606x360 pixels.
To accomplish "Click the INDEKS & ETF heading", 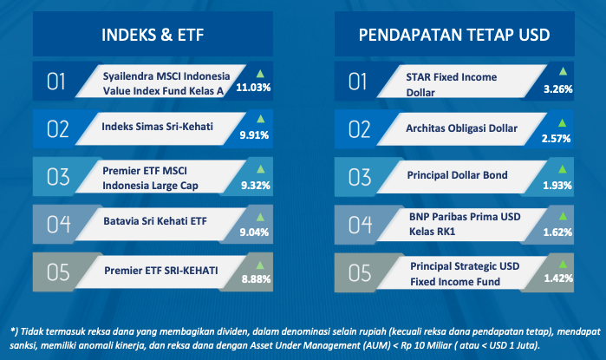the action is tap(153, 35).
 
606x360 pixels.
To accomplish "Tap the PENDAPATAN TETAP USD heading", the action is tap(454, 35).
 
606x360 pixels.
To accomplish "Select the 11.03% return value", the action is tap(253, 88).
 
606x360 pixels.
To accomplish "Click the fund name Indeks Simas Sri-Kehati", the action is tap(157, 127).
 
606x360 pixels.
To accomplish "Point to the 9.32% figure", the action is tap(256, 186).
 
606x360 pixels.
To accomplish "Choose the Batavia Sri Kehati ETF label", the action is tap(155, 221).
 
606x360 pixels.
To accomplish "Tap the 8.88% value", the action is tap(256, 278).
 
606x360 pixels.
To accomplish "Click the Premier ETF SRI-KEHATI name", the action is tap(160, 271).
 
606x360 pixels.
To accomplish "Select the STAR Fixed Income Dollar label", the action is tap(452, 85).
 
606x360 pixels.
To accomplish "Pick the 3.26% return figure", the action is tap(558, 89).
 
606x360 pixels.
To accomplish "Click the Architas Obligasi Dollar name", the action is tap(461, 128).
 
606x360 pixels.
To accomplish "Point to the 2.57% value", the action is tap(556, 139).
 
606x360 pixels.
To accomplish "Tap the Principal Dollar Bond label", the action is tap(457, 175).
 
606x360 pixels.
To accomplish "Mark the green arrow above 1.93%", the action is tap(563, 169).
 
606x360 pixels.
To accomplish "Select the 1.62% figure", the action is tap(557, 232).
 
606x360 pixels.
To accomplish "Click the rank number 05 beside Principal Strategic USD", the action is tap(360, 273).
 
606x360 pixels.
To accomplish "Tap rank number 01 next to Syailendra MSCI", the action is tap(55, 82).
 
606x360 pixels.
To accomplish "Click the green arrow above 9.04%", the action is tap(260, 218).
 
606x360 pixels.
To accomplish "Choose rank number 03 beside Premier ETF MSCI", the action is tap(58, 177).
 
